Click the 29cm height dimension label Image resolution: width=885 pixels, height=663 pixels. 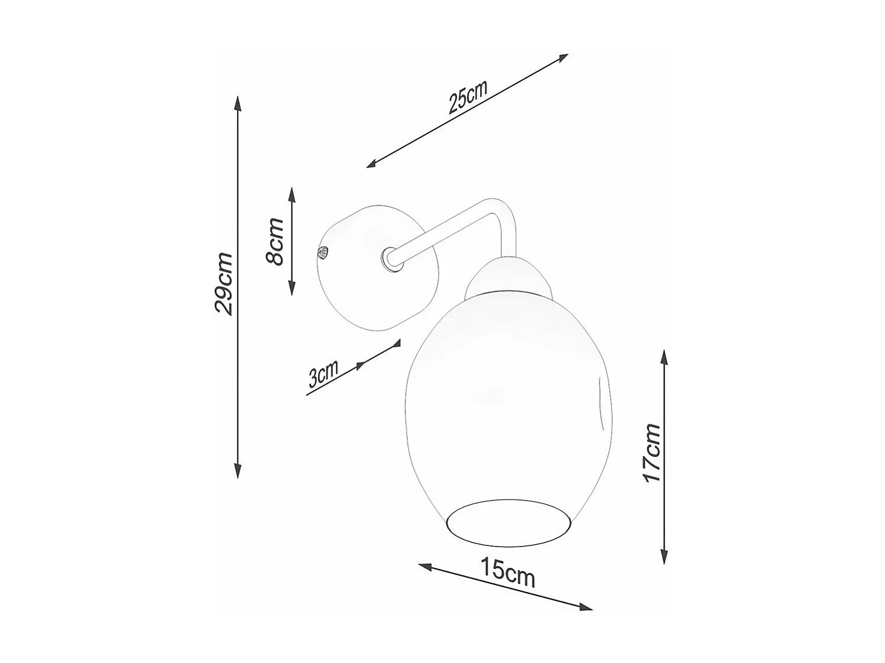pyautogui.click(x=224, y=283)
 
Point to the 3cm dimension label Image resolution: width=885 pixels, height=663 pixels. pyautogui.click(x=323, y=374)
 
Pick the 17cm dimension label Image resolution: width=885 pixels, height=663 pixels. pyautogui.click(x=653, y=453)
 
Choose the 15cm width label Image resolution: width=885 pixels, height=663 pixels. pyautogui.click(x=508, y=573)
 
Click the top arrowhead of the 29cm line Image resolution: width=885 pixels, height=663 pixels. pyautogui.click(x=238, y=103)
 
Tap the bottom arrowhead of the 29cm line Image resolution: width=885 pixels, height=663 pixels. pyautogui.click(x=238, y=470)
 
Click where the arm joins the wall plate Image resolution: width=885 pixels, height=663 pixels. pyautogui.click(x=390, y=259)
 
